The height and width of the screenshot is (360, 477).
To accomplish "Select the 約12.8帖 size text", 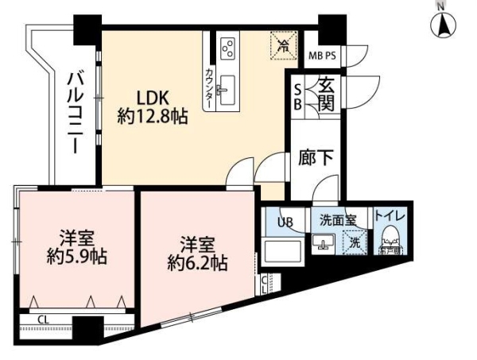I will point(152,117).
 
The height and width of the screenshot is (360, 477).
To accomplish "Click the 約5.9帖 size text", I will point(76,257).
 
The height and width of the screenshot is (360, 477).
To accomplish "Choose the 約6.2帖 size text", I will point(194,261).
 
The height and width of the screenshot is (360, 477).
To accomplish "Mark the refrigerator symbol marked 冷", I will point(282,45).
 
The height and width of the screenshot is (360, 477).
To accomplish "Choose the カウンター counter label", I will point(208,87).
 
